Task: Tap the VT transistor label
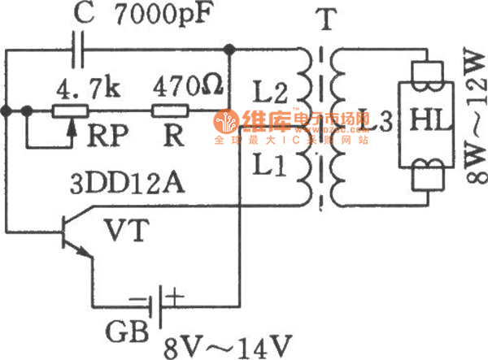[129, 233]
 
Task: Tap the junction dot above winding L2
[231, 52]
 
